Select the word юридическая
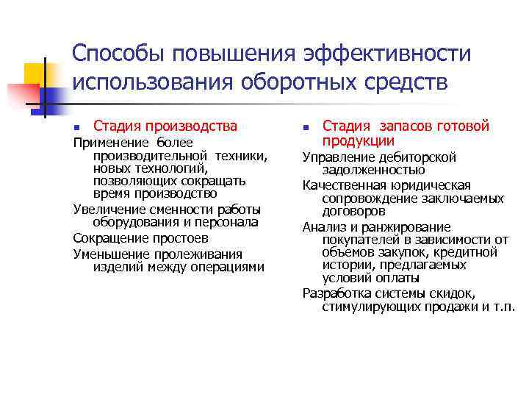tap(428, 185)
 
